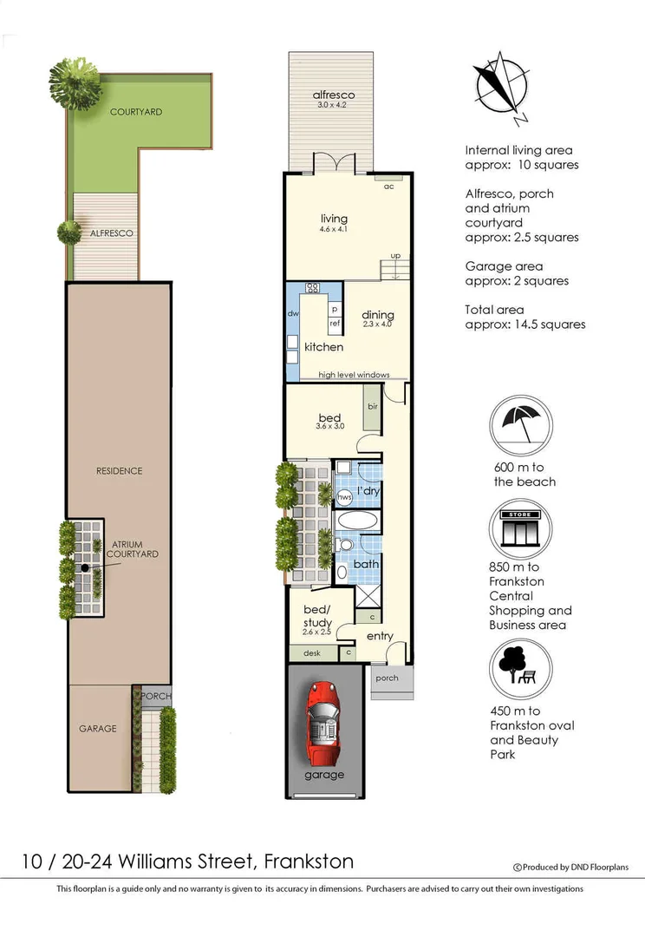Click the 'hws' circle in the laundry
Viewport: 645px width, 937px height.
[x=343, y=496]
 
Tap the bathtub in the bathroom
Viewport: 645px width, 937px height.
[x=356, y=522]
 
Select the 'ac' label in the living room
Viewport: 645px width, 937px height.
[x=388, y=187]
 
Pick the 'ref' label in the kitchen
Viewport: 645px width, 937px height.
[x=334, y=324]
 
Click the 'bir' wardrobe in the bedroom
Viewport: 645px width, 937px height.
[x=372, y=407]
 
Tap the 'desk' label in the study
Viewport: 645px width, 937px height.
[x=310, y=653]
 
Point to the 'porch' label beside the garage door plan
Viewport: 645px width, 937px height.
[x=387, y=678]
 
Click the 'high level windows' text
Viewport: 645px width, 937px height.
[x=354, y=375]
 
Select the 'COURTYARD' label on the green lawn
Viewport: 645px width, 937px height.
[x=135, y=112]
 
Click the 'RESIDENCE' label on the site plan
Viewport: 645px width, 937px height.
[x=119, y=471]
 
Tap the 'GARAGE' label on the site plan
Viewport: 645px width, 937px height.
[x=98, y=729]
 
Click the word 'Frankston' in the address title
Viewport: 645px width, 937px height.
[x=309, y=862]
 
